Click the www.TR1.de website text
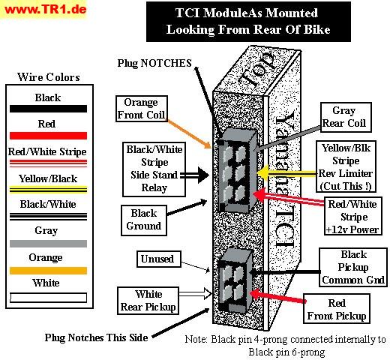point(46,10)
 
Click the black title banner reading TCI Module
point(248,22)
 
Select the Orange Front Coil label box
point(142,109)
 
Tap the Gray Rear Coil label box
point(346,117)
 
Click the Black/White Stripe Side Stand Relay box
point(154,169)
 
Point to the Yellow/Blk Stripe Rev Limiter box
point(346,166)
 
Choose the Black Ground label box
point(144,220)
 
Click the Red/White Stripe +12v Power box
point(353,216)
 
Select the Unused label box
point(159,259)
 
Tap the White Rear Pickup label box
point(148,301)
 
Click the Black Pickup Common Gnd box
point(353,267)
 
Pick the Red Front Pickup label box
point(337,309)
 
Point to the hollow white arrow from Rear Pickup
point(196,293)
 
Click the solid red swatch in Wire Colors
point(48,136)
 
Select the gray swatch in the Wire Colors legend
point(48,244)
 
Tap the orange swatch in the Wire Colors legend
point(48,271)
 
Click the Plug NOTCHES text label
point(154,63)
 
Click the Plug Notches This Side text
point(96,337)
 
